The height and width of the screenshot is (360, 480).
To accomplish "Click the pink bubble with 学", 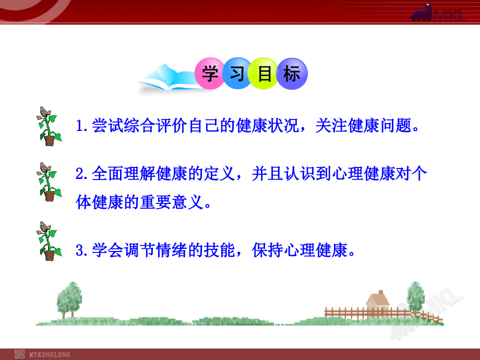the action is pos(210,74).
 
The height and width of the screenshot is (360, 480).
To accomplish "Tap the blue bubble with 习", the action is pos(237,74).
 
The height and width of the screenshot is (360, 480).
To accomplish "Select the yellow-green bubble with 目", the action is pos(264,74).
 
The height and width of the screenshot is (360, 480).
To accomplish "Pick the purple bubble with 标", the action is pos(292,74).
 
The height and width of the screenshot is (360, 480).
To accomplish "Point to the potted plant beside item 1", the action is pos(49,126).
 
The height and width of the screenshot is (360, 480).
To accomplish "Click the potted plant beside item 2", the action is pos(49,182).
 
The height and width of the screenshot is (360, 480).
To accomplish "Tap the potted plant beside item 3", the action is pos(49,241).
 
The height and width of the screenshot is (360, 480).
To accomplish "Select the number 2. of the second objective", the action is pos(82,174).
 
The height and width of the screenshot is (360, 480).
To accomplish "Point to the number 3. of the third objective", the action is pos(82,250).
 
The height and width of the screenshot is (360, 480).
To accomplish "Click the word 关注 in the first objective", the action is pos(331,126).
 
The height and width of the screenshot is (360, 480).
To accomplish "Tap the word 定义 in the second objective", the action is pos(220,174).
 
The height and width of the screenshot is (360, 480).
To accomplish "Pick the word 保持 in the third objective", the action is pos(268,250).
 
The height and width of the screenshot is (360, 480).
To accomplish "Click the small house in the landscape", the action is pos(378,302).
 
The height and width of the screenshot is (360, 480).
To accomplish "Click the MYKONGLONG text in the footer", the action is pos(50,354).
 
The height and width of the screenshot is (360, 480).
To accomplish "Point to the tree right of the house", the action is pos(416,297).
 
